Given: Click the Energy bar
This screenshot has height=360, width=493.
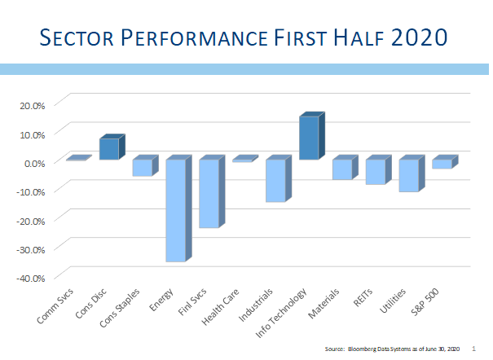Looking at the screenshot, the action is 179,209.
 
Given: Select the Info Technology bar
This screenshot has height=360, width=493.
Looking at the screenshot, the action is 312,136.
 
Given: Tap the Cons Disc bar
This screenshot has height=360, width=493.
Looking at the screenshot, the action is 112,147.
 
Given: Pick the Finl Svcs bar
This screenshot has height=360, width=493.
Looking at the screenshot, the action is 212,191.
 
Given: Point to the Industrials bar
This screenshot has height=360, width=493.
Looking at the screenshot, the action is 279,178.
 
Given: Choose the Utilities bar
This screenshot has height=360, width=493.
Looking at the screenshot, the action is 412,173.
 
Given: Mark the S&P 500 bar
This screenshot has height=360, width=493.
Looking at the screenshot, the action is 445,162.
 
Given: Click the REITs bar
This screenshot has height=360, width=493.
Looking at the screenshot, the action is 379,169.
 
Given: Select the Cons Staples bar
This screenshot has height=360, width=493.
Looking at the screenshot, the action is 146,165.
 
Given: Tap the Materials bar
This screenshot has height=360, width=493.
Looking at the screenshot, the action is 346,167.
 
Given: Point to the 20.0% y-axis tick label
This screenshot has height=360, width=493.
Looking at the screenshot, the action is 33,106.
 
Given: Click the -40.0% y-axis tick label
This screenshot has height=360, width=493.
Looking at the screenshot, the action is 30,279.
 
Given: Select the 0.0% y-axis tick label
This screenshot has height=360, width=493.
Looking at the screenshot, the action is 34,164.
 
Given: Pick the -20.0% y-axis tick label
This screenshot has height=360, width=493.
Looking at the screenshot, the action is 30,222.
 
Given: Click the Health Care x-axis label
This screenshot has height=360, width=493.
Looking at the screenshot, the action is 220,307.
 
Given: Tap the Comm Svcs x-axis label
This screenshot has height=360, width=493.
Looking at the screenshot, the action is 55,305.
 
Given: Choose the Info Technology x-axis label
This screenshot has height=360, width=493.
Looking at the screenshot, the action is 281,313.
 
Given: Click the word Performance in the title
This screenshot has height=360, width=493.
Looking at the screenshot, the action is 194,37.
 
